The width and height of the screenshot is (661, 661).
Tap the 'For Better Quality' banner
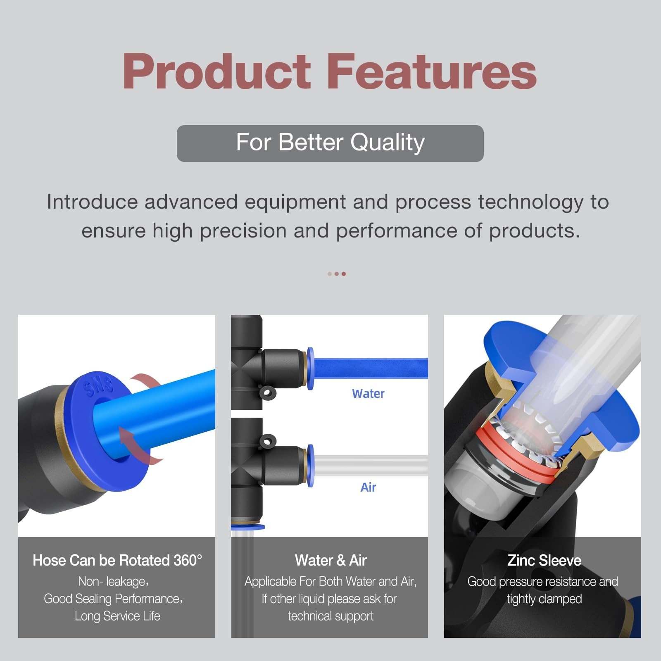[330, 143]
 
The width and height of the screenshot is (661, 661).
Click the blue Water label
[368, 394]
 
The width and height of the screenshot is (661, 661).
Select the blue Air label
[368, 487]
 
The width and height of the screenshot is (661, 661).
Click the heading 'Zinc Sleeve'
[544, 560]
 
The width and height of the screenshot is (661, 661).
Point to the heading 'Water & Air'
[330, 560]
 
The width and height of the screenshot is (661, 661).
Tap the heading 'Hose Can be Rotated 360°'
[117, 560]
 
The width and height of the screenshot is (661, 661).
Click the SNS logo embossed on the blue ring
[98, 386]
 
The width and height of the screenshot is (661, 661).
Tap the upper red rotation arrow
[143, 382]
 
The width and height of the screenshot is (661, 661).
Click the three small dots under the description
[337, 274]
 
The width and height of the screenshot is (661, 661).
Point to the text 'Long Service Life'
[117, 616]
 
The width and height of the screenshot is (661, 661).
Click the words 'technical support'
[330, 616]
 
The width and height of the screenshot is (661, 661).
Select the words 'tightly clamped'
[544, 599]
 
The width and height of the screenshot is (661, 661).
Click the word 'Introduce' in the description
[92, 202]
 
